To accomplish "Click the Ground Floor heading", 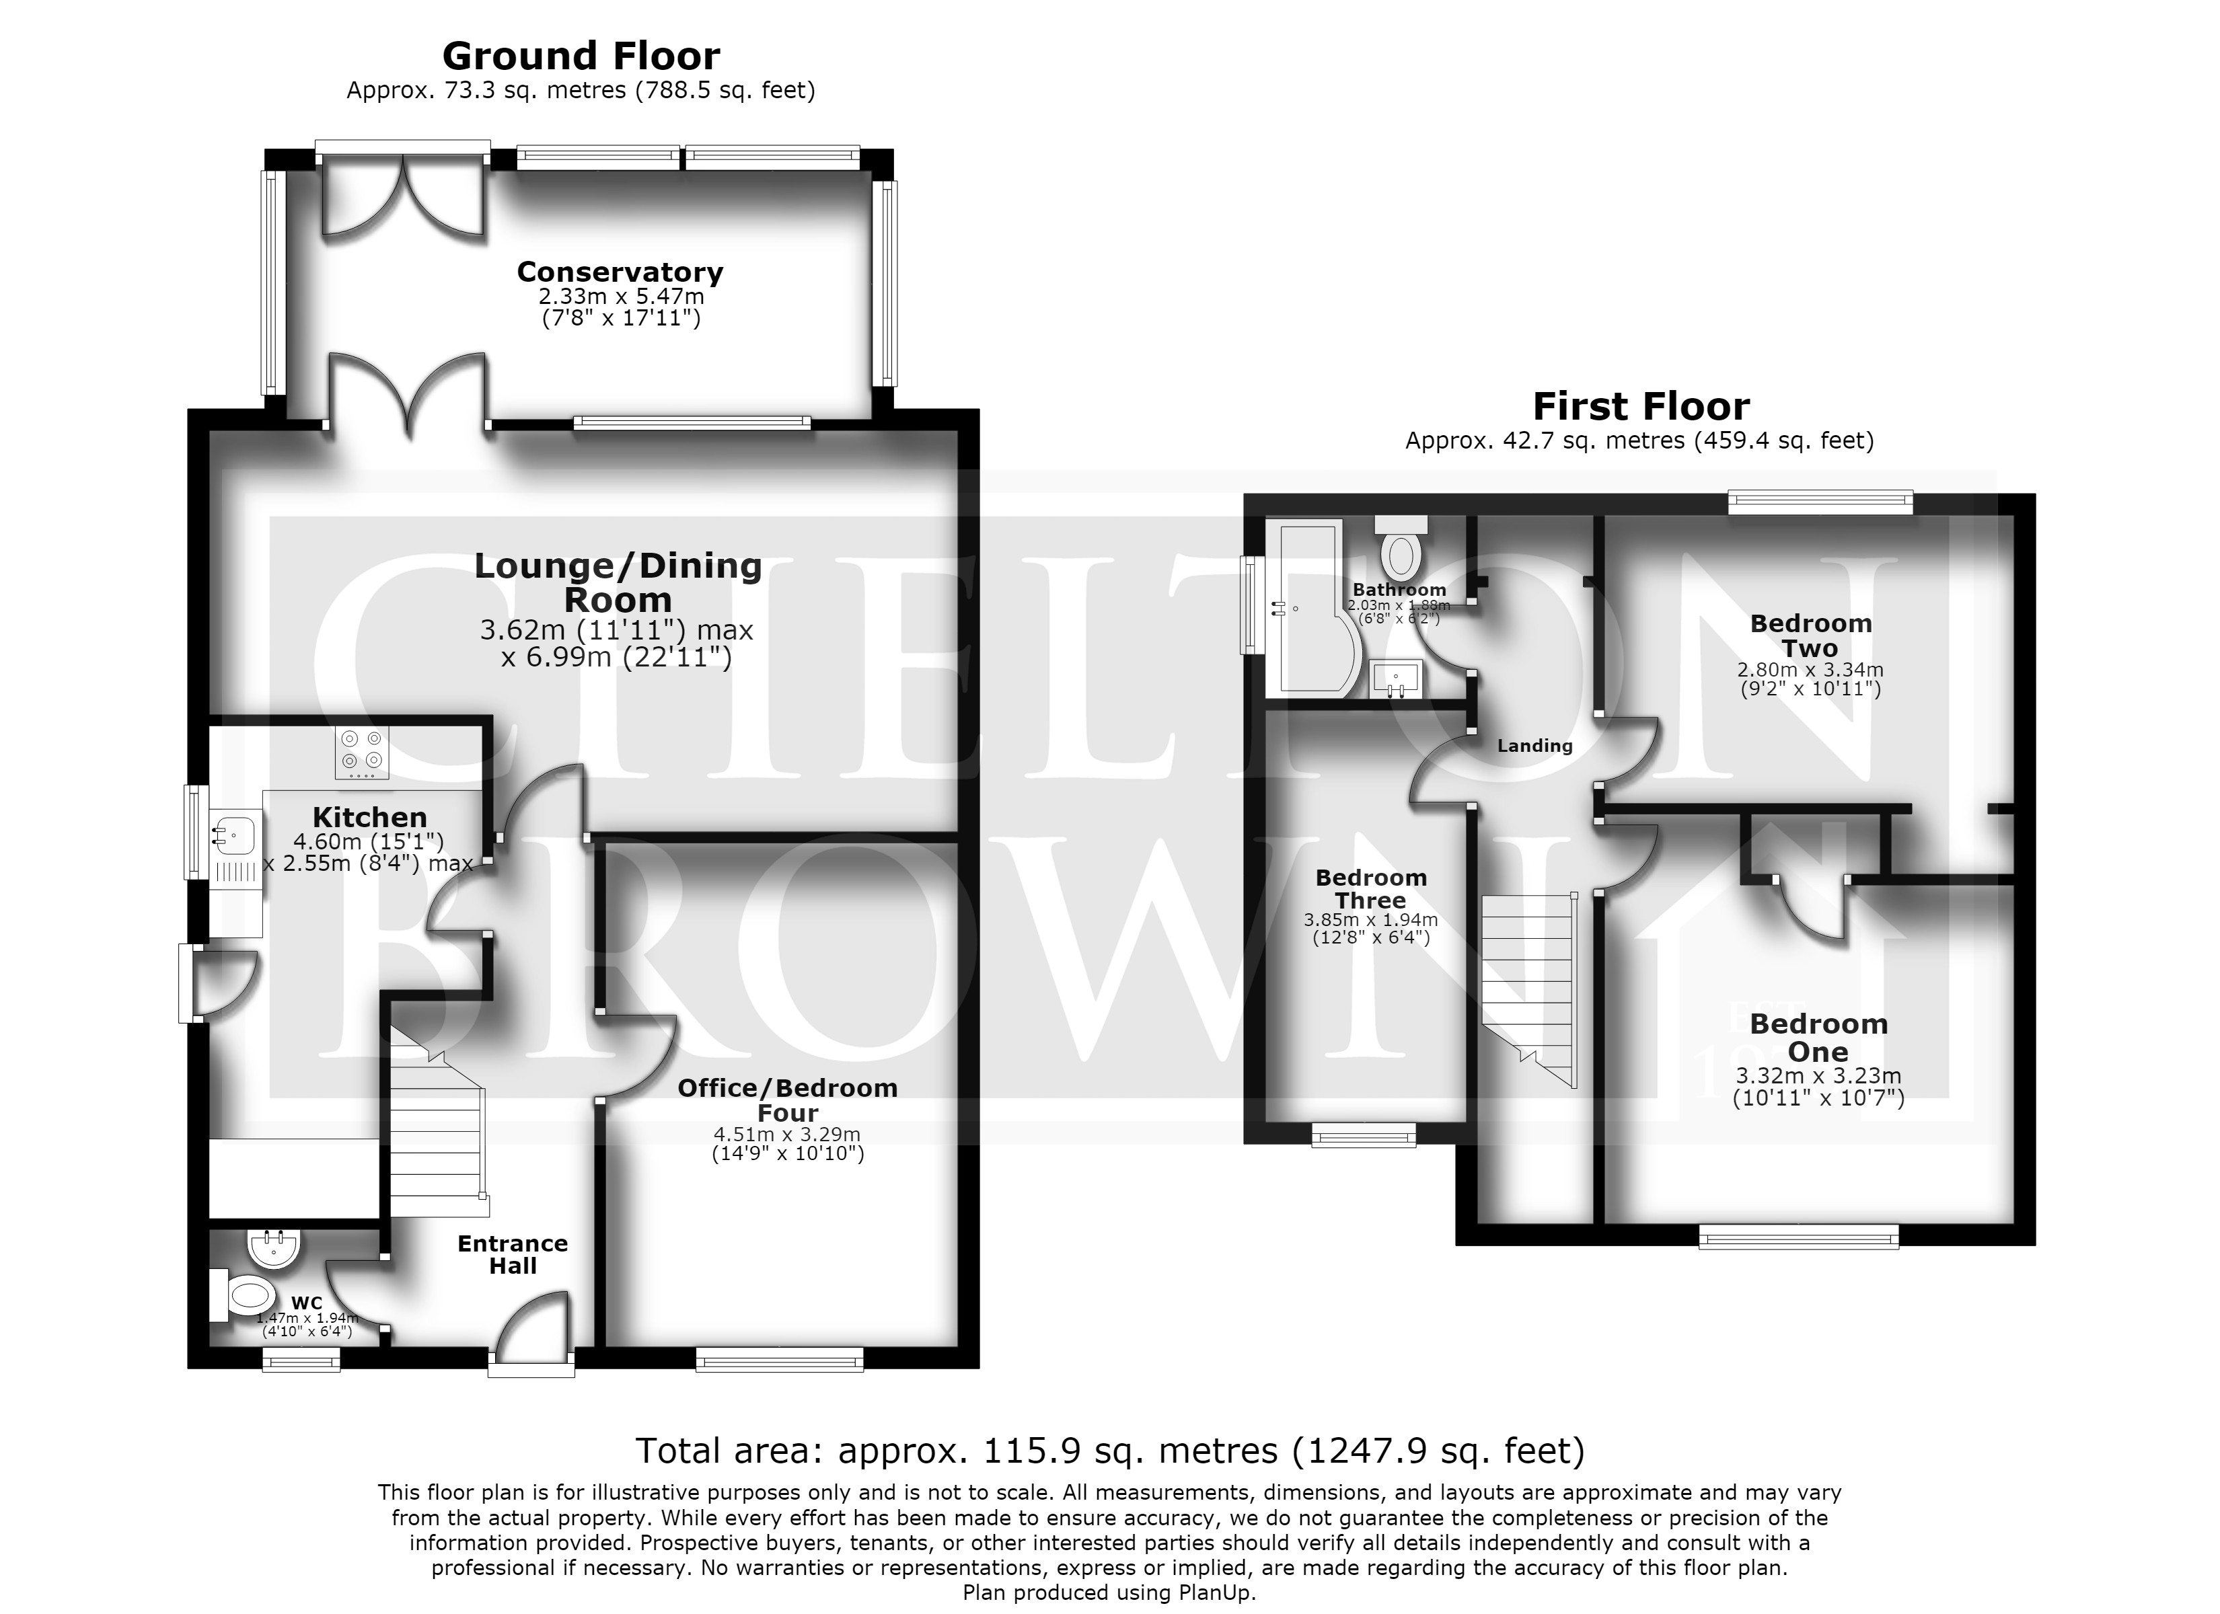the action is point(581,56).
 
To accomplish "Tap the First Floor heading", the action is point(1641,406).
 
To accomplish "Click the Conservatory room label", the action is point(620,272).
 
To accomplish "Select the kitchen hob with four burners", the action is point(361,753).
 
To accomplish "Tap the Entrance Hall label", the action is point(513,1255).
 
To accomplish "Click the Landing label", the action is point(1534,746).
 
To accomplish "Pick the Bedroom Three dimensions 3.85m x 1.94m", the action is point(1370,920).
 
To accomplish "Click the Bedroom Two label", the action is point(1811,636).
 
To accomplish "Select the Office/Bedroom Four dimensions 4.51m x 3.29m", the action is point(787,1135).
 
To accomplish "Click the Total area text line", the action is point(1110,1451).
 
